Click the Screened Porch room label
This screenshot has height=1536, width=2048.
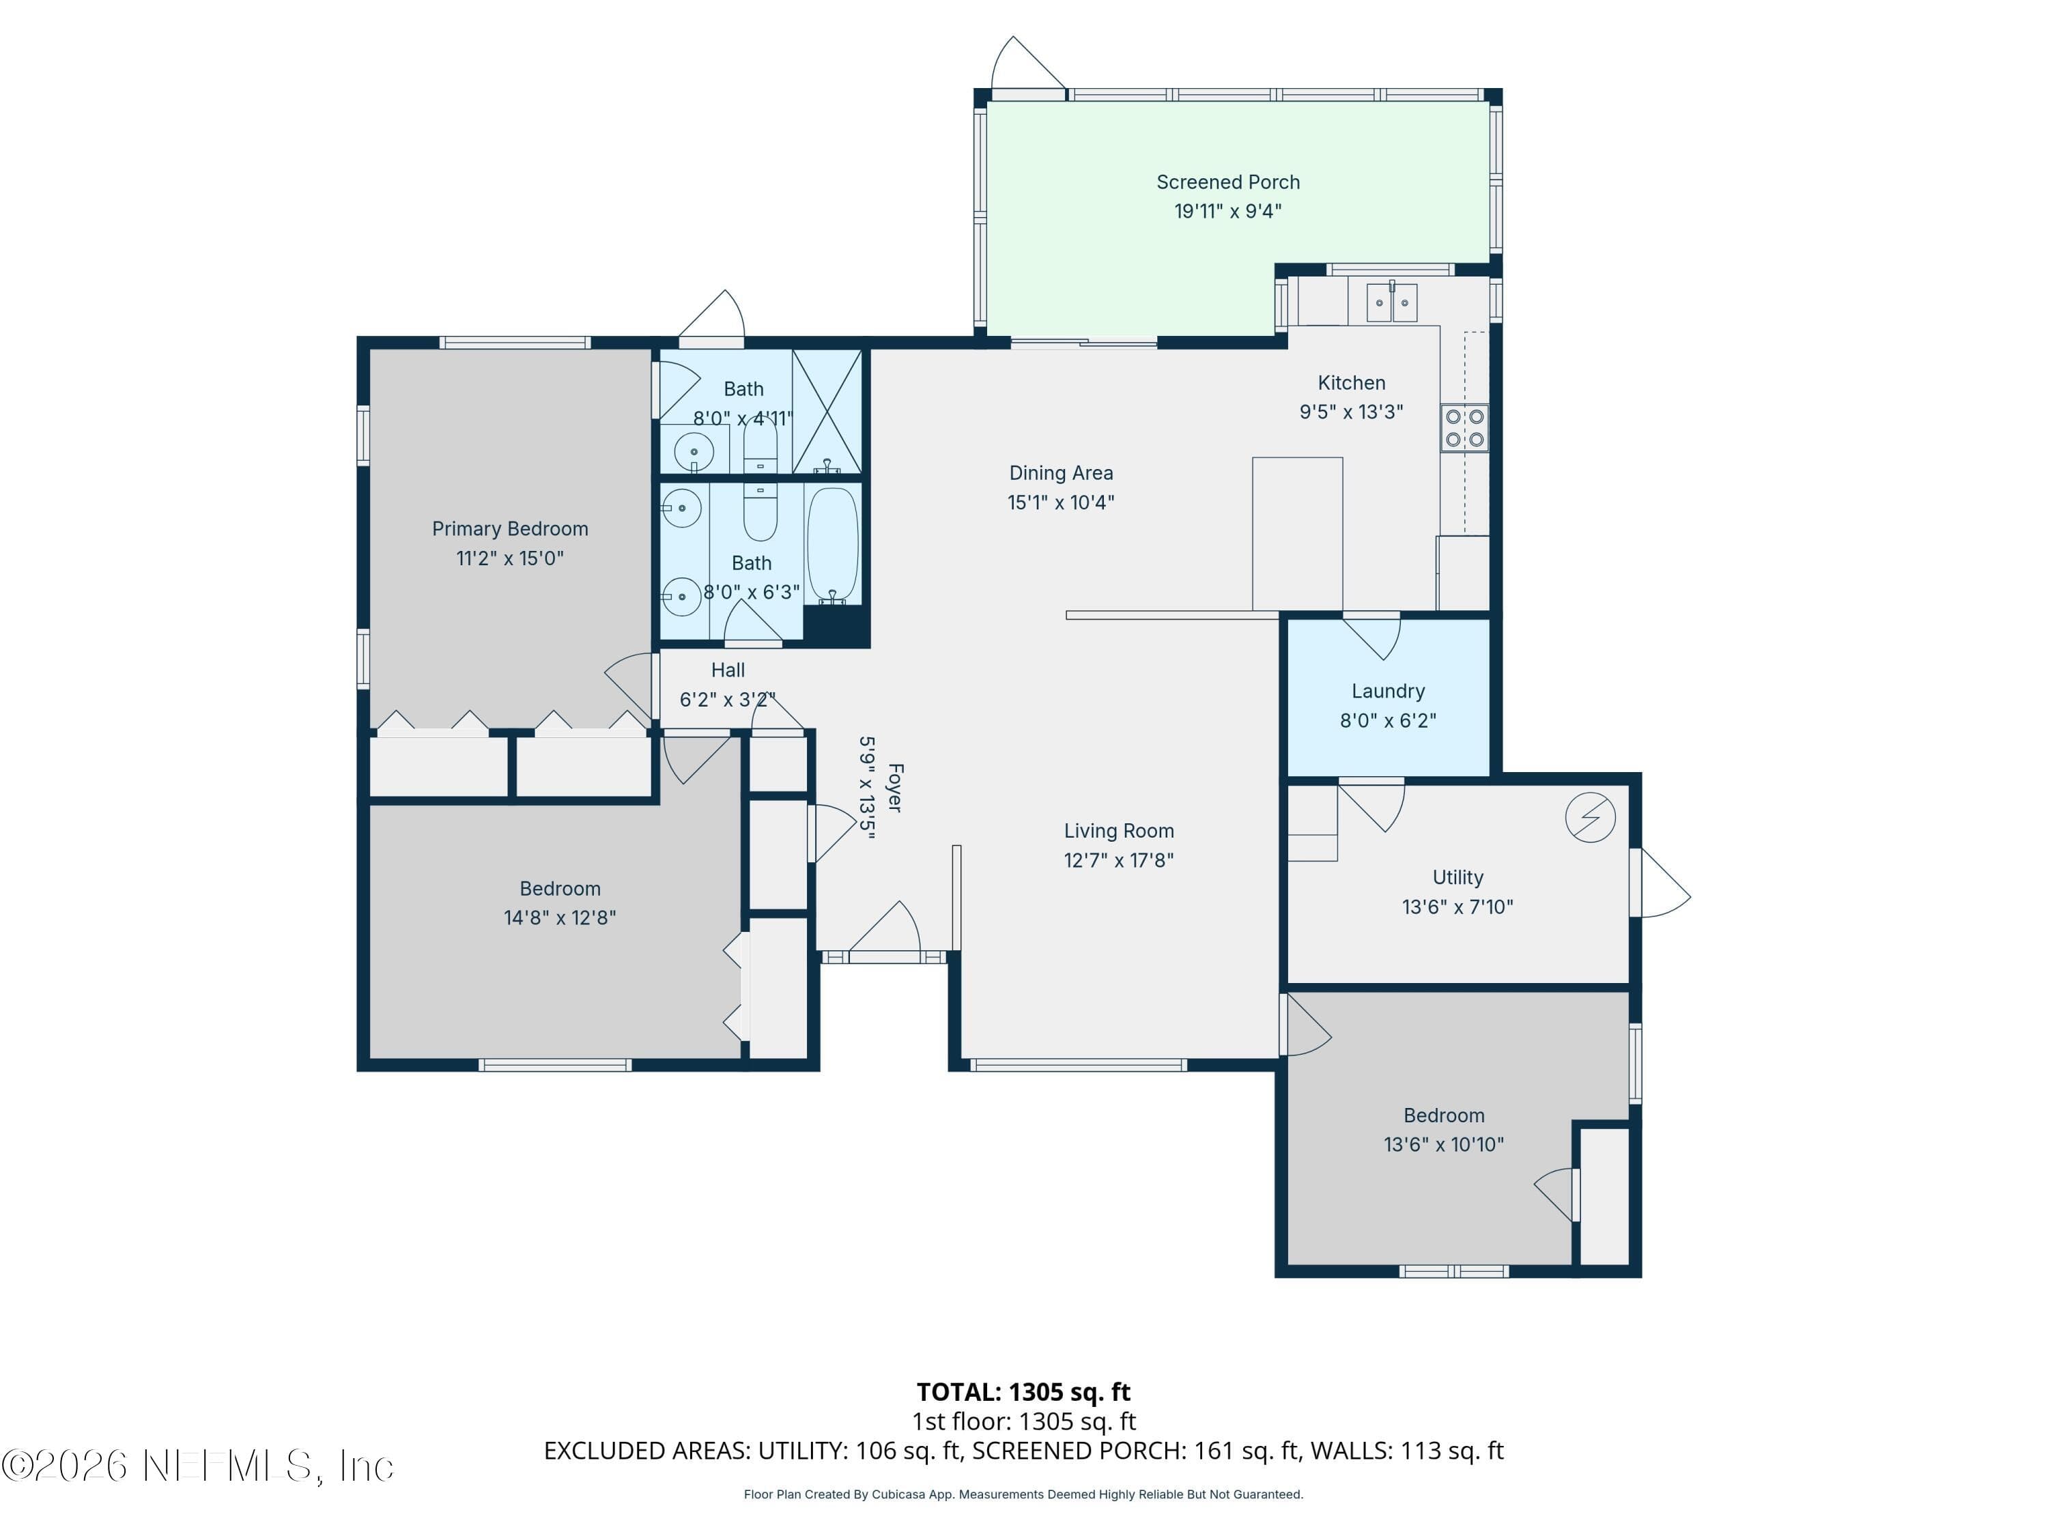[x=1227, y=182]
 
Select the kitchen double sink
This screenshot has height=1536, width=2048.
[x=1391, y=302]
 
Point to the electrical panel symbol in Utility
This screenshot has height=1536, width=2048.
[x=1591, y=818]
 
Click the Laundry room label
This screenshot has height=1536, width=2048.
[x=1388, y=691]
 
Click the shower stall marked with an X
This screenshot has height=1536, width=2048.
[x=827, y=412]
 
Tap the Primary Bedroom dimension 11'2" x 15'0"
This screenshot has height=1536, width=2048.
[x=510, y=558]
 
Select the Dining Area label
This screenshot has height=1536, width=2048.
[x=1061, y=473]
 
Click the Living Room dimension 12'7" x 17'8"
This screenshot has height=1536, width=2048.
[x=1118, y=860]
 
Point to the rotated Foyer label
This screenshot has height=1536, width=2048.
[x=895, y=788]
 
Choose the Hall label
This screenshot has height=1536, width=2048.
[x=728, y=670]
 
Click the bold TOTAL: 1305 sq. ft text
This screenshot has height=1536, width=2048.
[x=1023, y=1393]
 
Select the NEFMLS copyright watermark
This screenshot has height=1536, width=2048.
[x=197, y=1466]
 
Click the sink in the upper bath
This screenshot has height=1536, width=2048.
[x=694, y=453]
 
